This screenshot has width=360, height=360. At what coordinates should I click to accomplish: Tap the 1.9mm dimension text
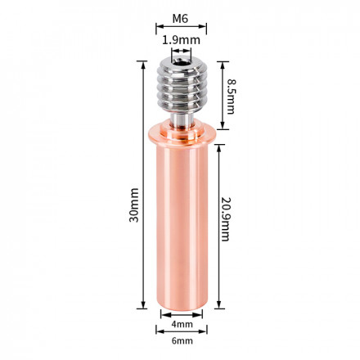click(179, 38)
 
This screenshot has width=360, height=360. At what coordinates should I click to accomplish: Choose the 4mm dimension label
click(178, 325)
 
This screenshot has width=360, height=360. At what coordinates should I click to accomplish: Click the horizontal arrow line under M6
click(178, 27)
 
